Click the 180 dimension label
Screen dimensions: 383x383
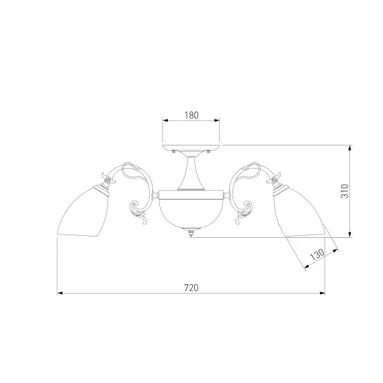tap(191, 115)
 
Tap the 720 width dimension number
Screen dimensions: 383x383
tap(191, 288)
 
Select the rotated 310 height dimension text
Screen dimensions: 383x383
tap(345, 191)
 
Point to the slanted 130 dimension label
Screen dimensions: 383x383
tap(317, 254)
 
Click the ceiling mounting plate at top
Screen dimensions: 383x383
tap(191, 147)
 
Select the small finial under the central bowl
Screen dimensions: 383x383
tap(191, 232)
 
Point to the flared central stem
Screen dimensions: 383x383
tap(191, 172)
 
